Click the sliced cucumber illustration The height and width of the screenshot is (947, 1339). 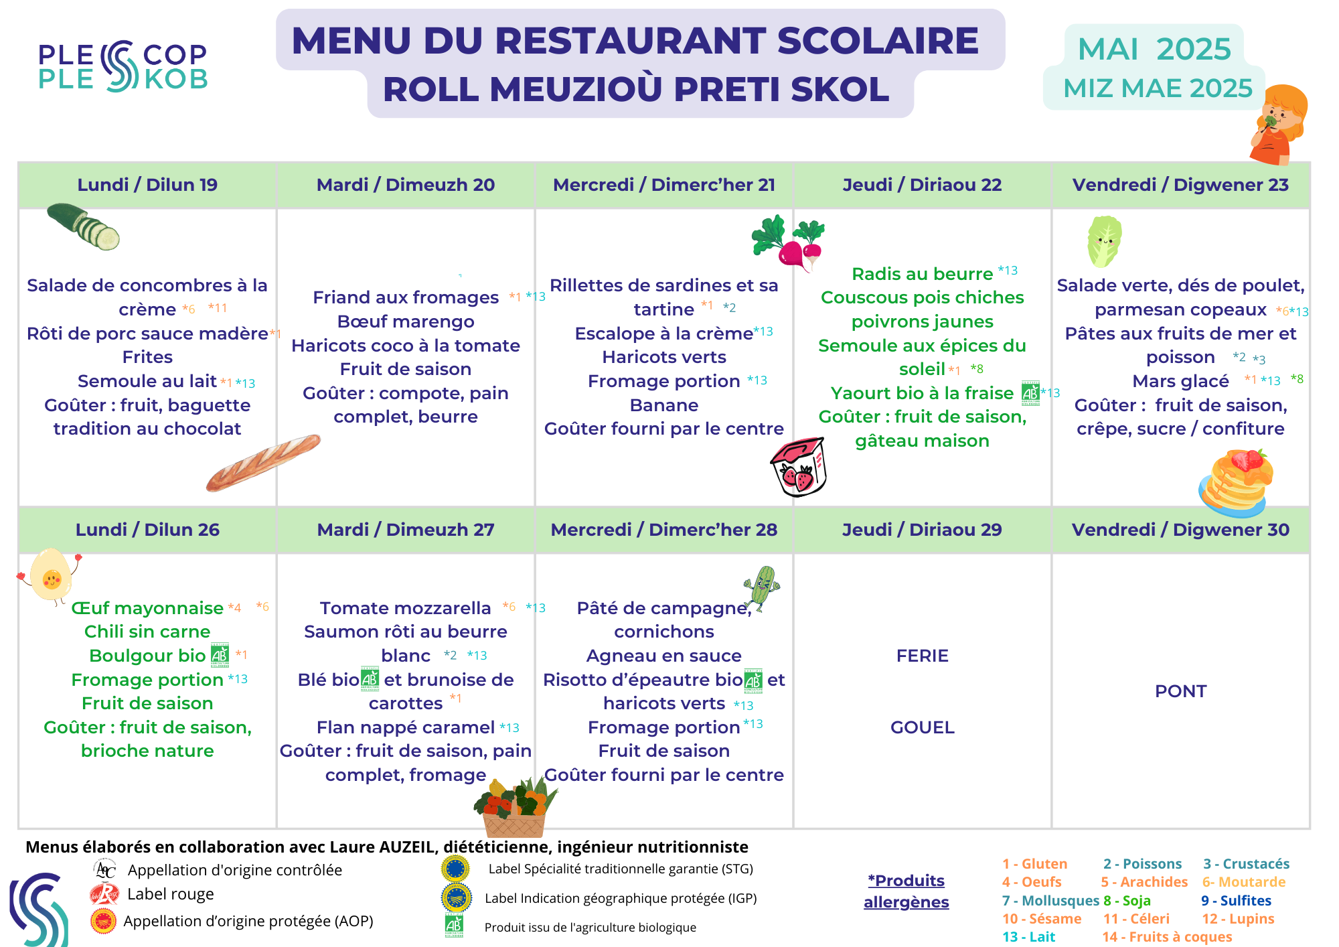point(84,226)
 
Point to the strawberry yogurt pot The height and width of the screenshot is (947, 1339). point(799,467)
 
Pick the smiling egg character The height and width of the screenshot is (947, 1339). point(51,575)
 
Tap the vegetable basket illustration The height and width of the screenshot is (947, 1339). point(514,808)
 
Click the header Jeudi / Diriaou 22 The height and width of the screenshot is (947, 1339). point(922,185)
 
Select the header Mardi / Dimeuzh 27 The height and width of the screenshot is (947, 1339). point(406,530)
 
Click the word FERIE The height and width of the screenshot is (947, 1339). point(922,656)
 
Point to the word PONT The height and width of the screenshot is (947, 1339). point(1180,691)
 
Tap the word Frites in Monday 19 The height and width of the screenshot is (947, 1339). point(147,357)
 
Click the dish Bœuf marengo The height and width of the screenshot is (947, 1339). point(406,321)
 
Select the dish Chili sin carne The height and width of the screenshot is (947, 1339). point(147,632)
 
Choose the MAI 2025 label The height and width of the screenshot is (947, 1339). point(1154,49)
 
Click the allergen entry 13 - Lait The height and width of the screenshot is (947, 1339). point(1028,937)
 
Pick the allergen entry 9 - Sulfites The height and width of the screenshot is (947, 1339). point(1236,901)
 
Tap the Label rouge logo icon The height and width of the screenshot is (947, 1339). point(104,894)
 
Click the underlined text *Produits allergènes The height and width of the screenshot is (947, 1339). point(906,891)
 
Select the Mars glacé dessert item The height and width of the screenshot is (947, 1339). point(1180,381)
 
